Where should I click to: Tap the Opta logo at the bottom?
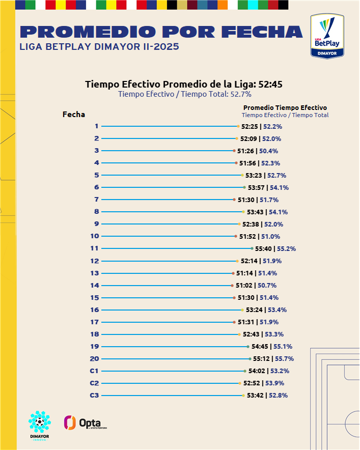click(x=86, y=423)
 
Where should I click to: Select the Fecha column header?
click(x=74, y=115)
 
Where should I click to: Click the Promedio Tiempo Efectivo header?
click(x=285, y=107)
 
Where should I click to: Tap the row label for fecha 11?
click(x=94, y=248)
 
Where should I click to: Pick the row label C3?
click(x=94, y=396)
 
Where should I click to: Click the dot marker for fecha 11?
click(x=252, y=248)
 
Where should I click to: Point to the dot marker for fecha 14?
click(x=233, y=286)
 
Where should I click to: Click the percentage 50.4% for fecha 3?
click(x=268, y=151)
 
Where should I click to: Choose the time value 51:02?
click(x=244, y=286)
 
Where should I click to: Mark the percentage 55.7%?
click(x=284, y=359)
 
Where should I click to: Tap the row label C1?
click(x=94, y=371)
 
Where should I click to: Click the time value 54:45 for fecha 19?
click(x=260, y=347)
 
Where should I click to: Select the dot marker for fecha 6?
click(x=244, y=187)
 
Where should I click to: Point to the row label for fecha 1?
click(x=96, y=126)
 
